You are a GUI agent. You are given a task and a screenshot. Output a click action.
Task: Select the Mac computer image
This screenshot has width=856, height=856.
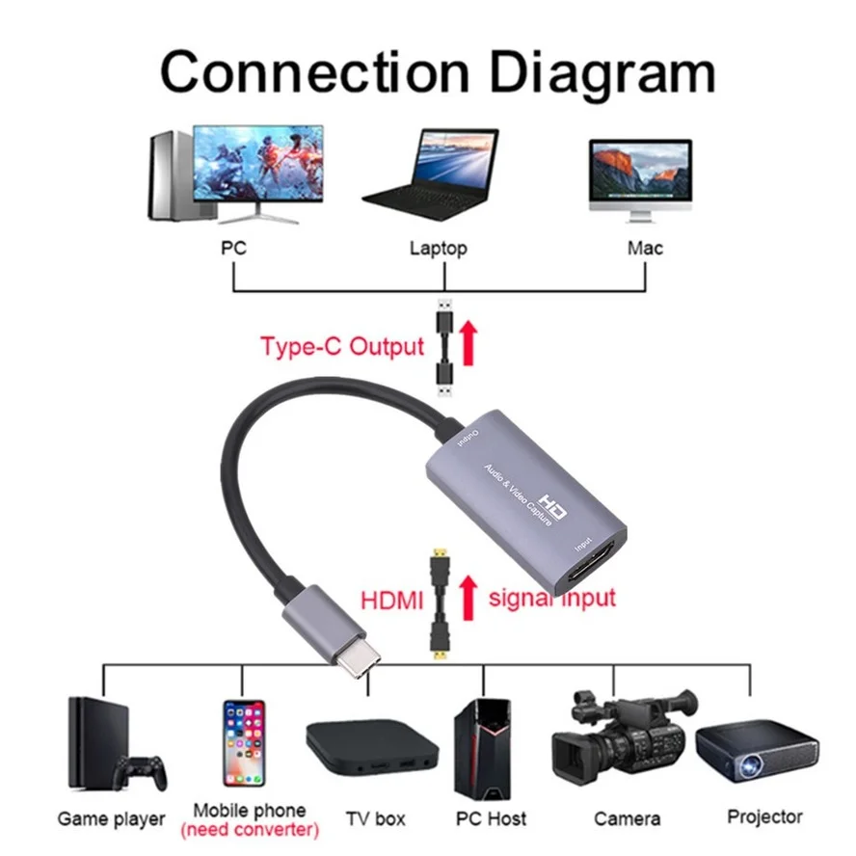[640, 174]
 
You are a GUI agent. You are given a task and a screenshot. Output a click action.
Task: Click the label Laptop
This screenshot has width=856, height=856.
[438, 249]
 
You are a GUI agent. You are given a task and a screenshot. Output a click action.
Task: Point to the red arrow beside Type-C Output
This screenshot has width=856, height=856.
[469, 344]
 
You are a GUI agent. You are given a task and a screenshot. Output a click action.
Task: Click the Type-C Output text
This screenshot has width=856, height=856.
[342, 347]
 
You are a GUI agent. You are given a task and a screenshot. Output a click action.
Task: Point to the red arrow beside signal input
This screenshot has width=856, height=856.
[469, 598]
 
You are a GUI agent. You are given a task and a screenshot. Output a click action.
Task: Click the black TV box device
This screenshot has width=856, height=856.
[373, 748]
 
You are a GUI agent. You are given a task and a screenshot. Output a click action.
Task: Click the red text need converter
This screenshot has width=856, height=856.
[250, 829]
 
